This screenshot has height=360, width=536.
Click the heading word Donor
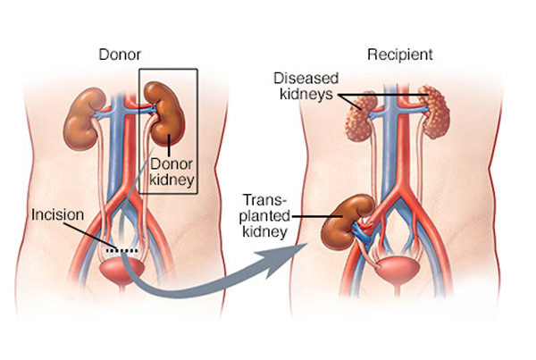(x=120, y=54)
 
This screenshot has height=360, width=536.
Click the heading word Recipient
(x=400, y=54)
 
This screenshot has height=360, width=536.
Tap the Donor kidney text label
(x=172, y=172)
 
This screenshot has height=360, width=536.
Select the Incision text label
(x=57, y=214)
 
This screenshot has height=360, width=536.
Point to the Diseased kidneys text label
(x=306, y=86)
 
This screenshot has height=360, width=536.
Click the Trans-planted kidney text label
(x=265, y=215)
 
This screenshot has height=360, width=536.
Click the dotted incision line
(x=122, y=251)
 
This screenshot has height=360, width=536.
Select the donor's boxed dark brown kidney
(x=164, y=113)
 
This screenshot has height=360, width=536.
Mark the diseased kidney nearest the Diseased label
(x=361, y=116)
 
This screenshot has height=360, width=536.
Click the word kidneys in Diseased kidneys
(x=306, y=94)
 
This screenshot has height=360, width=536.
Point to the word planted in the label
(x=266, y=216)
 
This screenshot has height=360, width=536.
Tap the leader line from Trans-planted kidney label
(x=317, y=216)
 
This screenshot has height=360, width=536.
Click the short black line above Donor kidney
(x=169, y=146)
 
